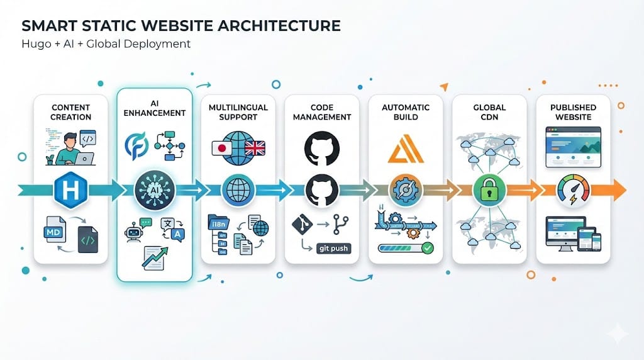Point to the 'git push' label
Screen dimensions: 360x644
(x=333, y=248)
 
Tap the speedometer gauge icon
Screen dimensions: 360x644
(x=573, y=189)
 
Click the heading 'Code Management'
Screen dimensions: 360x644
(x=322, y=113)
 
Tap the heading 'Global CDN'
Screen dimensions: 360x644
(x=489, y=113)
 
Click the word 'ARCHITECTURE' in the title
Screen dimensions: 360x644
(x=280, y=26)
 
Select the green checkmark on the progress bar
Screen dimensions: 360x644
(x=428, y=248)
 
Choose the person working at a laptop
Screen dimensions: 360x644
(x=70, y=148)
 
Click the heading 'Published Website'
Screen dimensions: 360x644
(x=573, y=113)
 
